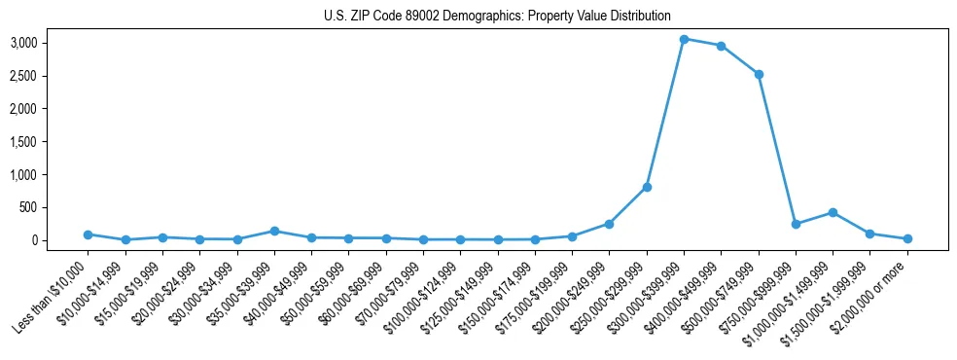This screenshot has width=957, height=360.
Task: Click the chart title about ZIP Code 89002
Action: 497,16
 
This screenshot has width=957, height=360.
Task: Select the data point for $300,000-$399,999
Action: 684,39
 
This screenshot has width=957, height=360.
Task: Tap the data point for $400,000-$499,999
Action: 721,46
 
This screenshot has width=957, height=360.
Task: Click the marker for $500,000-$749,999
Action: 759,74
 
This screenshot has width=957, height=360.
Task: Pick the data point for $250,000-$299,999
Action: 647,187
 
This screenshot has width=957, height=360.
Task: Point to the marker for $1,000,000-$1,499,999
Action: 833,212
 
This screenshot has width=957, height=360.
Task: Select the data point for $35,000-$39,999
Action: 274,231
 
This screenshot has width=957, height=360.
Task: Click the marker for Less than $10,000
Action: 88,234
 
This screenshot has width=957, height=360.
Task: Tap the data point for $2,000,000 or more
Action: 907,238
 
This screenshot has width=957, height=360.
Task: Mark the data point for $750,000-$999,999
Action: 796,224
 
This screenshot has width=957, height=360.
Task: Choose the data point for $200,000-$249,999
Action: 609,224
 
